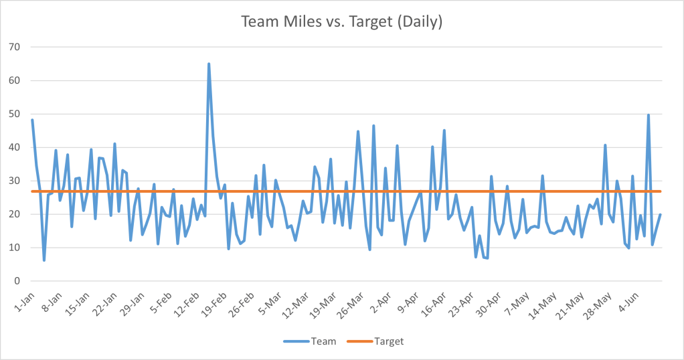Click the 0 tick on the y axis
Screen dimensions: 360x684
tap(17, 281)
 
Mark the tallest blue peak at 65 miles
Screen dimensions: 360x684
tap(209, 64)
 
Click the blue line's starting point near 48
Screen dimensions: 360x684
tap(32, 120)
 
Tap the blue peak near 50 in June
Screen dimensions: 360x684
tap(649, 115)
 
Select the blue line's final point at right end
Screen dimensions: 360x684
tap(661, 215)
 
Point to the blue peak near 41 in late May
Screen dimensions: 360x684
tap(605, 145)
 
